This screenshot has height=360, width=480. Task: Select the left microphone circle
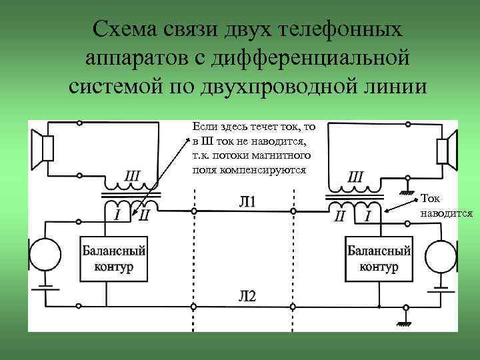tap(47, 255)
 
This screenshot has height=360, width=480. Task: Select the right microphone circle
tap(441, 255)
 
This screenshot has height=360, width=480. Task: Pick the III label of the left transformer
tap(132, 176)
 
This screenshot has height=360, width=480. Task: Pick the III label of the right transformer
tap(355, 177)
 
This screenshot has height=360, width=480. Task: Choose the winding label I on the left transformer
tap(117, 214)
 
